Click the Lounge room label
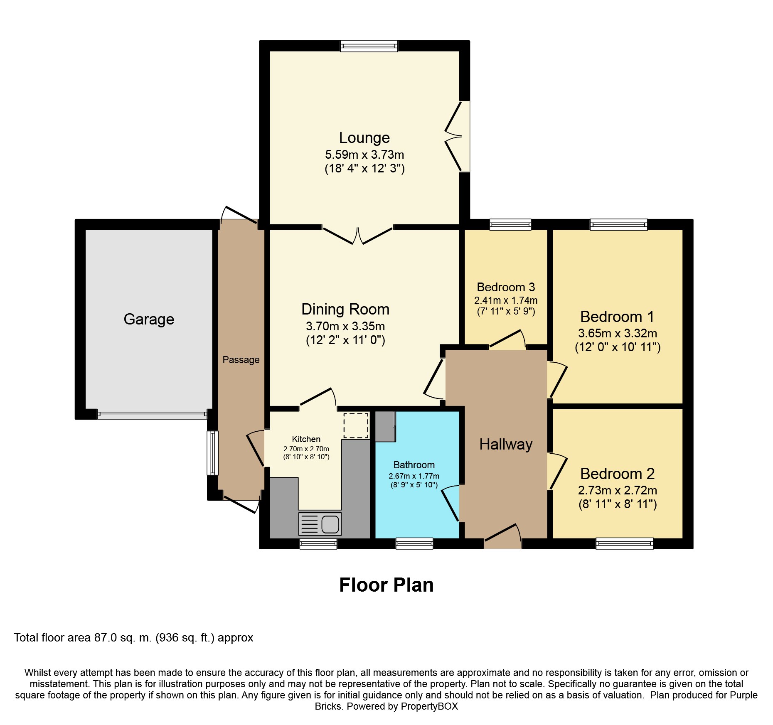364,138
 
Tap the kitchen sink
320,523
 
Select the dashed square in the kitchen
356,425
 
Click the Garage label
149,319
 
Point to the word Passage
241,360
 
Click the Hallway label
506,445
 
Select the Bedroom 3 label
506,287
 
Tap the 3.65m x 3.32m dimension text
618,333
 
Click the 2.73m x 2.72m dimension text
618,490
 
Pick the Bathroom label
414,465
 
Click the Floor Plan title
386,585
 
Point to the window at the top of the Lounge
369,46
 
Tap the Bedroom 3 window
510,225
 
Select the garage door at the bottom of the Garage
152,414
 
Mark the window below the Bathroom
414,543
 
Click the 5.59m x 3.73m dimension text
364,155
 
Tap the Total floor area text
133,638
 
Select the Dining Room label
345,310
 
